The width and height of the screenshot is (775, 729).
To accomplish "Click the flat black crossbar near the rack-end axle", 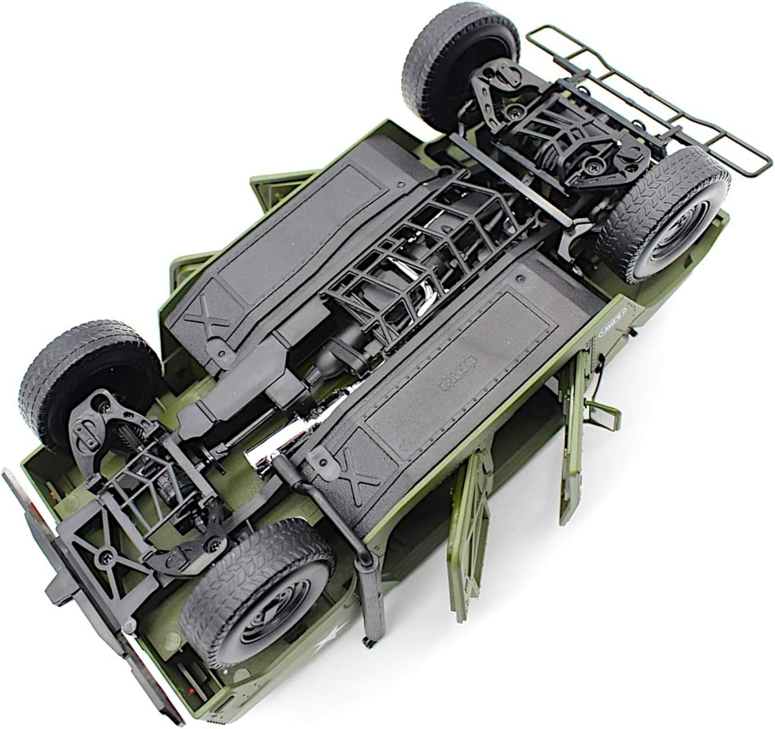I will [510, 177].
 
